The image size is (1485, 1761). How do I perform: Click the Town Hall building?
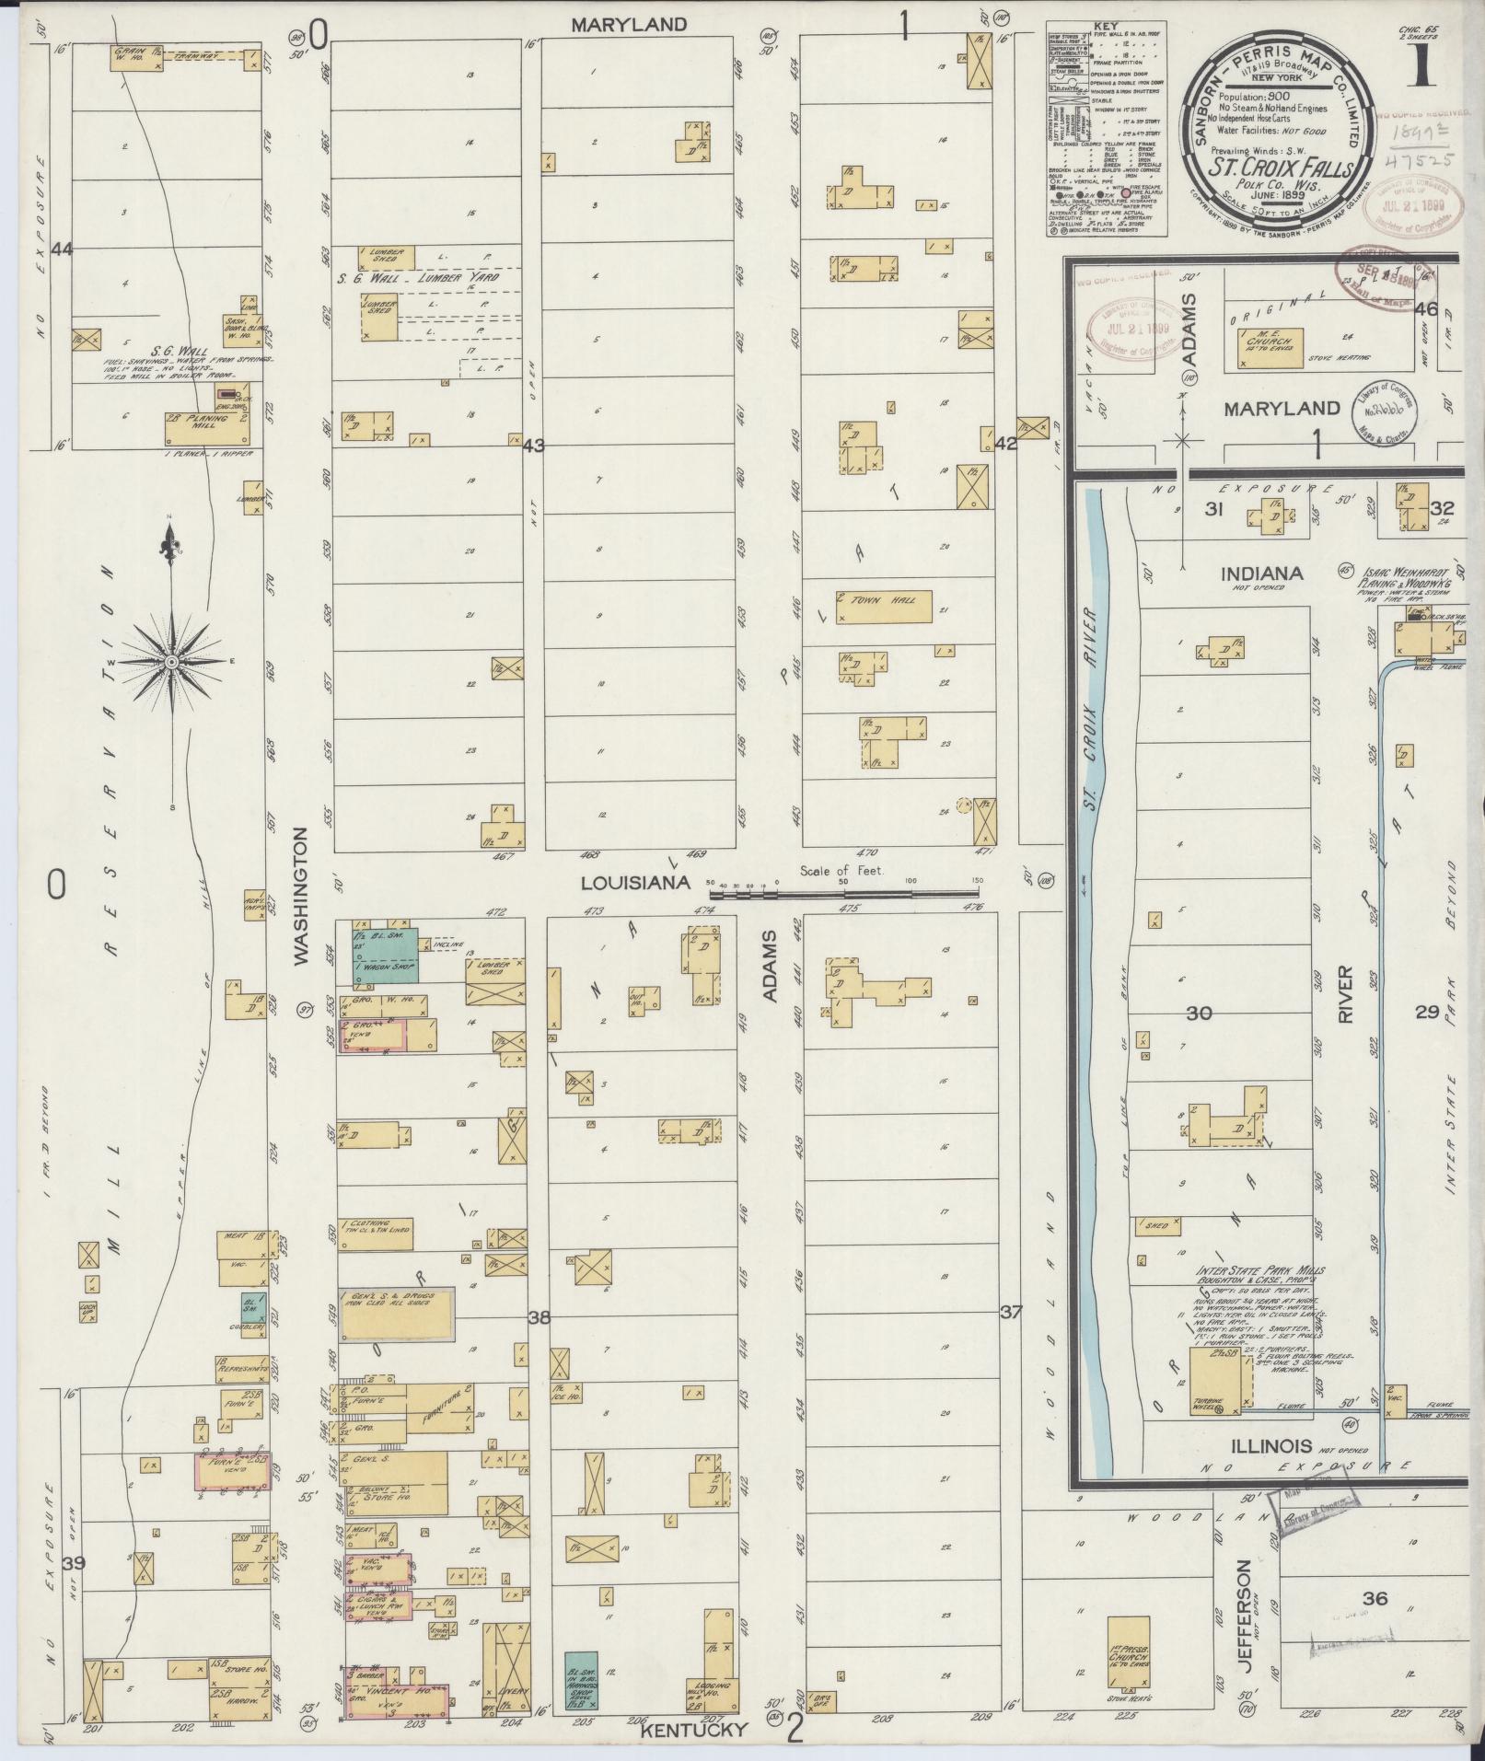[884, 607]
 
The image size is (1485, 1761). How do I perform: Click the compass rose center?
[171, 662]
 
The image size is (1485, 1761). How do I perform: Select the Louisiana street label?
[635, 883]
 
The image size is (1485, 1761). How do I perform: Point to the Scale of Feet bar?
[842, 891]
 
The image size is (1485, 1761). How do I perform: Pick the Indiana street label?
[1261, 573]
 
